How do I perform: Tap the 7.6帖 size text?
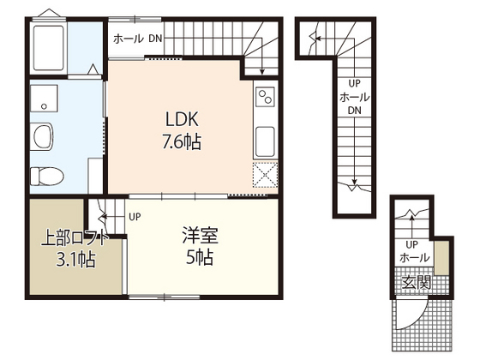pos(182,141)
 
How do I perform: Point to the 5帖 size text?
pos(198,256)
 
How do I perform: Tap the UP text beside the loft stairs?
pos(135,216)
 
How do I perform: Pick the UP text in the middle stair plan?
pos(353,84)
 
